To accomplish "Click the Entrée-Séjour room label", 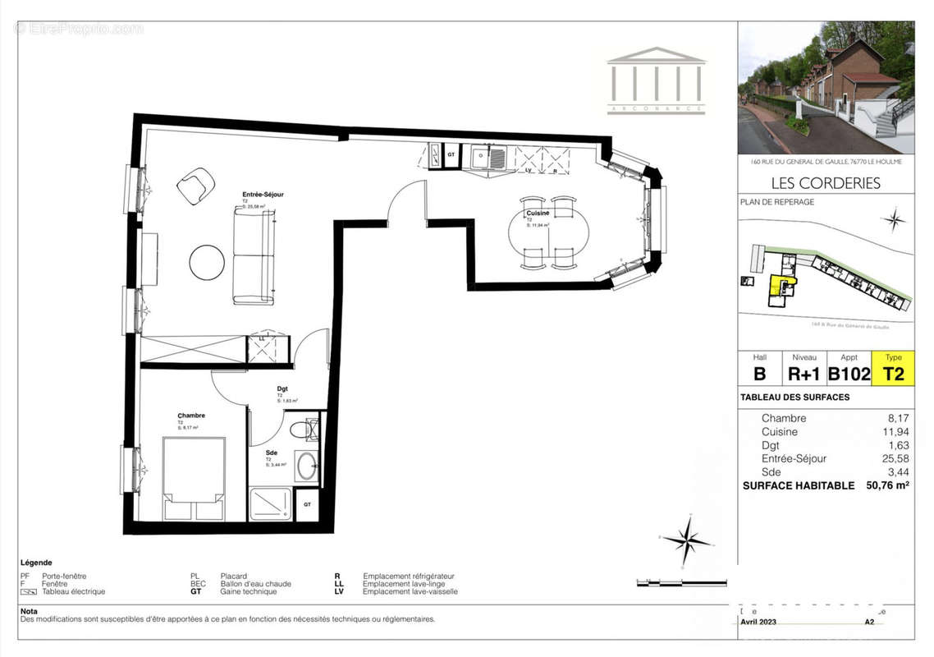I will (x=263, y=195).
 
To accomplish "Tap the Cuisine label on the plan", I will (x=538, y=213).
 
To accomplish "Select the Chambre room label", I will (x=190, y=416).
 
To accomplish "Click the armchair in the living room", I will (x=196, y=186).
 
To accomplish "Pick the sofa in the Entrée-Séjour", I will (x=254, y=255).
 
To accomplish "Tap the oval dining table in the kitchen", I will (x=547, y=232).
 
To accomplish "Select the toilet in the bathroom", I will (x=301, y=429).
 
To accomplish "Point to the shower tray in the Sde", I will (x=270, y=504).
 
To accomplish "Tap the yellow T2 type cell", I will (x=893, y=374).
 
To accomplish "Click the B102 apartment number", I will (x=849, y=374).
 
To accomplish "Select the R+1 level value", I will (x=804, y=374).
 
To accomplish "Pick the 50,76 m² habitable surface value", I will (x=886, y=485).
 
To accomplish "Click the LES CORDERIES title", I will (x=826, y=182).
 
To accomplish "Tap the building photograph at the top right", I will (x=826, y=87).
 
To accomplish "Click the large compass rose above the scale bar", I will (x=687, y=540).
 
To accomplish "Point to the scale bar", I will (x=681, y=583).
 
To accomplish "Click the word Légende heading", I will (x=36, y=563).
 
